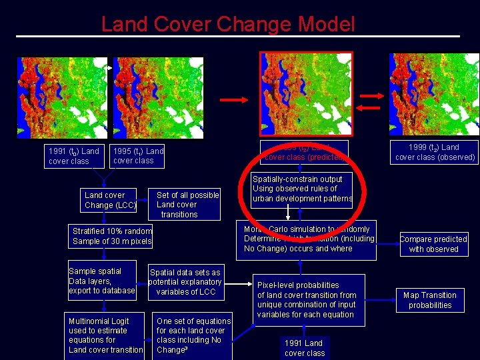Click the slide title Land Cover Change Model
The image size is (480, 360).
pyautogui.click(x=228, y=25)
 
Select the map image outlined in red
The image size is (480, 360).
pyautogui.click(x=305, y=93)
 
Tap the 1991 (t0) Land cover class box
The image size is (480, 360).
pyautogui.click(x=73, y=156)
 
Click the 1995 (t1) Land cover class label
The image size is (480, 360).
pyautogui.click(x=138, y=155)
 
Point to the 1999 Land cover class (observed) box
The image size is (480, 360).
pyautogui.click(x=435, y=152)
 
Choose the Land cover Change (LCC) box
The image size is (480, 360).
pyautogui.click(x=111, y=200)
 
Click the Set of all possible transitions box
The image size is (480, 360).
pyautogui.click(x=187, y=205)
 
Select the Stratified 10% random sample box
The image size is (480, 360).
pyautogui.click(x=112, y=236)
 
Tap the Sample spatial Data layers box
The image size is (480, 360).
pyautogui.click(x=102, y=281)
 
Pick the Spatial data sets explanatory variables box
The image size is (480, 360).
pyautogui.click(x=185, y=282)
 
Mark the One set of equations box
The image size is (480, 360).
pyautogui.click(x=193, y=335)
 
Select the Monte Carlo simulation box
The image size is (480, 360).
pyautogui.click(x=309, y=239)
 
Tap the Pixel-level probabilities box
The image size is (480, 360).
pyautogui.click(x=307, y=299)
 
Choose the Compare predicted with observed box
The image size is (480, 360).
pyautogui.click(x=433, y=243)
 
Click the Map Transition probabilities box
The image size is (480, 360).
pyautogui.click(x=430, y=300)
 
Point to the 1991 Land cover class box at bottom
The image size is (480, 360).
pyautogui.click(x=305, y=347)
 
